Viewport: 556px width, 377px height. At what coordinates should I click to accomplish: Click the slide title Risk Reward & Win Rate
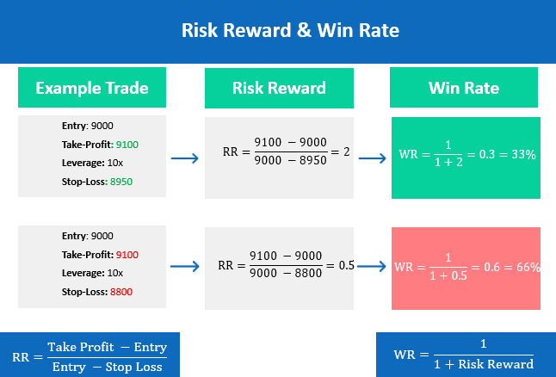[290, 30]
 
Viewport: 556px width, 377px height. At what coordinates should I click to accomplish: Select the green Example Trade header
[92, 87]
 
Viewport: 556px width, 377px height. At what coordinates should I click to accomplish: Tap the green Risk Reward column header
[279, 88]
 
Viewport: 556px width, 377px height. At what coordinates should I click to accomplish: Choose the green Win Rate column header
[464, 87]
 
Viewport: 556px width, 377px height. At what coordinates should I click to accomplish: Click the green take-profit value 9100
[127, 145]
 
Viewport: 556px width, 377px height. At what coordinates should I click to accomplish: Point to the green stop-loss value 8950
[121, 182]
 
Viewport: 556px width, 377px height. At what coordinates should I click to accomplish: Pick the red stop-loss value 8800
[121, 292]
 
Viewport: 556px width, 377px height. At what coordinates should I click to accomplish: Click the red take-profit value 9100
[127, 255]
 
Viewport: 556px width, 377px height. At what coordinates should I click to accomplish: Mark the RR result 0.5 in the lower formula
[347, 265]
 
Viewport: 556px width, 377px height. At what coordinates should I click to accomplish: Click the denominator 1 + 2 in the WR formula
[448, 163]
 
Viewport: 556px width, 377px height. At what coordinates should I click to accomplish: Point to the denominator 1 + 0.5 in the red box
[448, 275]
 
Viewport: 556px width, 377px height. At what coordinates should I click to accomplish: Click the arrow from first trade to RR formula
[185, 158]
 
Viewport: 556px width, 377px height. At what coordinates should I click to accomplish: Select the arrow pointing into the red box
[372, 266]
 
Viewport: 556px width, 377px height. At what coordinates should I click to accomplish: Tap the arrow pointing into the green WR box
[373, 158]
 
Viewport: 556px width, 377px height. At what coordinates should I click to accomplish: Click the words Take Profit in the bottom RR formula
[81, 347]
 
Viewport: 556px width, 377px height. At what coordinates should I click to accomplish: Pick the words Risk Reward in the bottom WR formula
[496, 364]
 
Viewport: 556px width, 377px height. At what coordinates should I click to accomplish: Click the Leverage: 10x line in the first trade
[92, 164]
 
